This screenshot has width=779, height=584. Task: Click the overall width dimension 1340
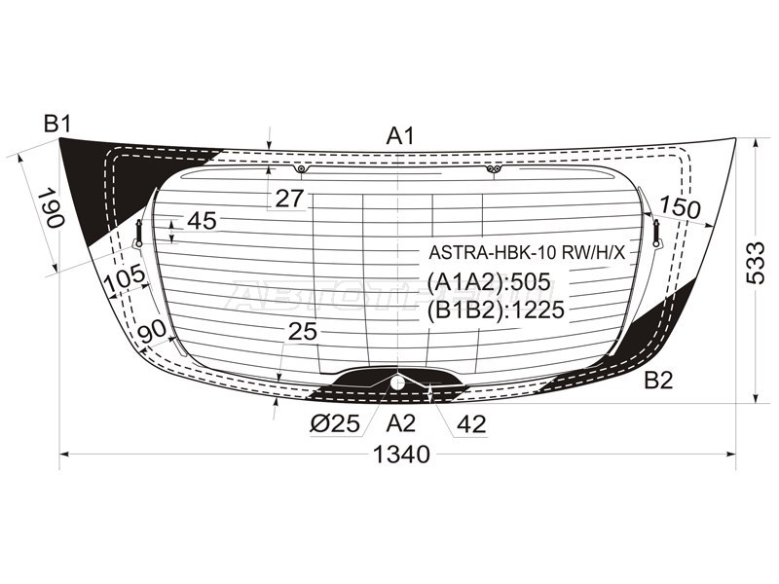(401, 455)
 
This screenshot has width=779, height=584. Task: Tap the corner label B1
(58, 124)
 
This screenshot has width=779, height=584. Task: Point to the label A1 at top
(400, 136)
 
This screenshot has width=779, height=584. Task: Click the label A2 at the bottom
(401, 423)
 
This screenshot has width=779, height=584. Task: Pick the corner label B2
(658, 381)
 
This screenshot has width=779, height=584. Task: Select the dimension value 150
(680, 207)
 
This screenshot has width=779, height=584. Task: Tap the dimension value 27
(289, 199)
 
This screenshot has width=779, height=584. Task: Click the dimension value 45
(203, 221)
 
